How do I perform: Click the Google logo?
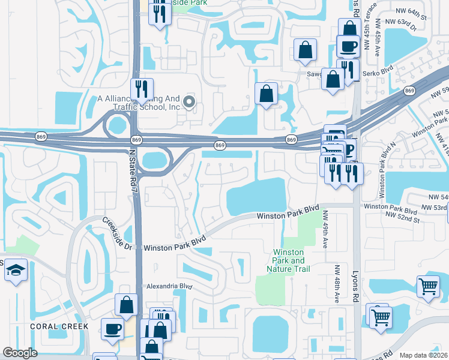pos(20,353)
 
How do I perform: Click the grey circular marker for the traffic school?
pos(190,102)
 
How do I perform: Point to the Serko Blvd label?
pos(378,74)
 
